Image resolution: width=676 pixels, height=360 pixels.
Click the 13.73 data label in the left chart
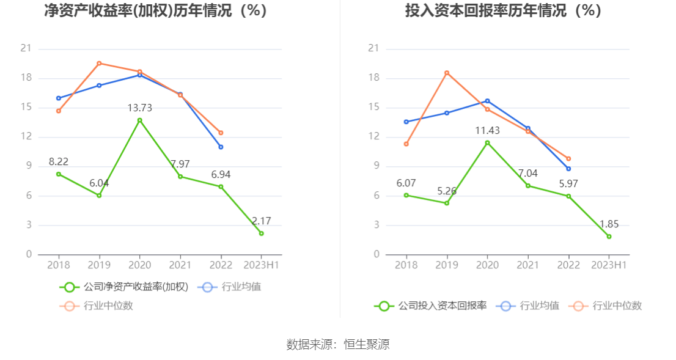(x=139, y=108)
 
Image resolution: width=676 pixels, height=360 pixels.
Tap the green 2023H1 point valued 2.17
(x=261, y=233)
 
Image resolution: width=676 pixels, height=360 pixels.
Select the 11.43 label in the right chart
(x=487, y=130)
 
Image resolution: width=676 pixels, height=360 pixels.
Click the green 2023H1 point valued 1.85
(x=609, y=237)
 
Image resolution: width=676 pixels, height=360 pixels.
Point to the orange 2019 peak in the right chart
(x=447, y=73)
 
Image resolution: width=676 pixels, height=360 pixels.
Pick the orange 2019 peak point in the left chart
(x=99, y=63)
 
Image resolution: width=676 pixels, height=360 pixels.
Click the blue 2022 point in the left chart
(x=221, y=147)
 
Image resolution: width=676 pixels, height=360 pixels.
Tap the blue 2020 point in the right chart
(x=487, y=101)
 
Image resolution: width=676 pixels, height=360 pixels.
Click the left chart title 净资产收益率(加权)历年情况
(x=156, y=10)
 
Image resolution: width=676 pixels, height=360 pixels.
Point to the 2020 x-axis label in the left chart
(x=139, y=265)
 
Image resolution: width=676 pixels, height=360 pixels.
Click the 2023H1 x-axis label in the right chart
(x=609, y=265)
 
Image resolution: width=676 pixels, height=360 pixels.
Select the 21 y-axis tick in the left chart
(x=26, y=49)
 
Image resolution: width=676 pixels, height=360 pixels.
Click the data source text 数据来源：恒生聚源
(x=338, y=344)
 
